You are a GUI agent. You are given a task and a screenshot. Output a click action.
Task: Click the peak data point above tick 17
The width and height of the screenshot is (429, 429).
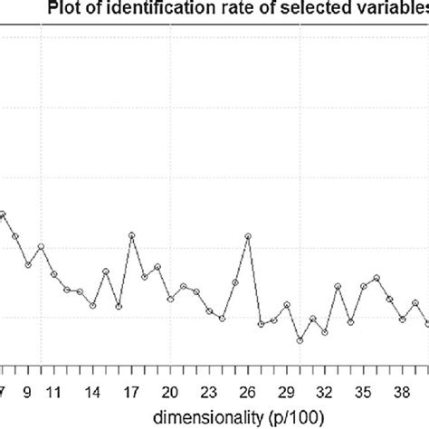(132, 235)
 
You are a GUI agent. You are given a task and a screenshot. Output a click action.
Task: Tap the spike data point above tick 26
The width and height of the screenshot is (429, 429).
(249, 236)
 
